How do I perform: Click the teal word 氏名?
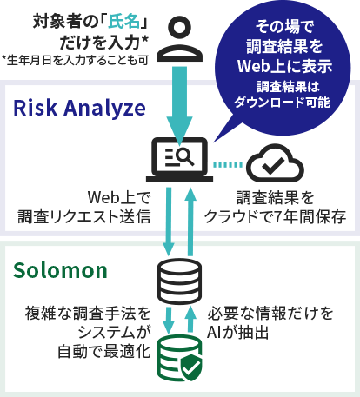124,22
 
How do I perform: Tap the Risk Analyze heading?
79,109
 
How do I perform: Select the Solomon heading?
60,270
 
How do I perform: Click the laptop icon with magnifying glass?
179,160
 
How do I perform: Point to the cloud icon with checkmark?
275,163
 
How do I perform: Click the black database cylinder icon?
180,281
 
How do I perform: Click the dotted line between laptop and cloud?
228,165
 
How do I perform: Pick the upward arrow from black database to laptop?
190,222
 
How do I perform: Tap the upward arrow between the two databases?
190,319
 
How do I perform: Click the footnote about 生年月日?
76,61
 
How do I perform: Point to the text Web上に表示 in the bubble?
284,66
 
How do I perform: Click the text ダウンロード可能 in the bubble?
282,103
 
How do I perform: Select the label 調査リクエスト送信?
84,216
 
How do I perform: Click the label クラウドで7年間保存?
276,216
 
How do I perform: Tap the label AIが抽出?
237,333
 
